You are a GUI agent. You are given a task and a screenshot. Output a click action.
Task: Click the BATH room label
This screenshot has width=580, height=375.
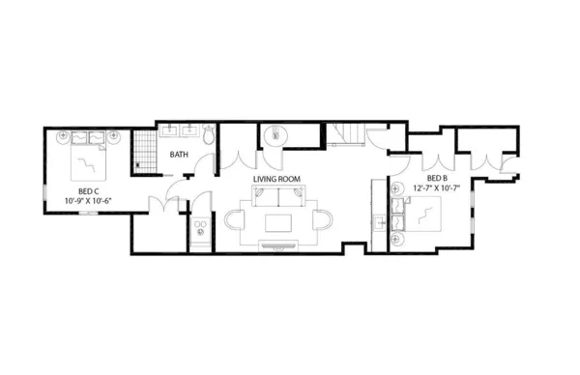click(179, 155)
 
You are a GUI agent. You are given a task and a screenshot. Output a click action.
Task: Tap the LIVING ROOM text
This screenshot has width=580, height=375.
click(276, 179)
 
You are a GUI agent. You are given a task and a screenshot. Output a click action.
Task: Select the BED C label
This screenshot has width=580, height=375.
click(88, 191)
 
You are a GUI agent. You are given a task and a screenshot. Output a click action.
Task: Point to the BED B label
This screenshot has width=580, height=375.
click(437, 178)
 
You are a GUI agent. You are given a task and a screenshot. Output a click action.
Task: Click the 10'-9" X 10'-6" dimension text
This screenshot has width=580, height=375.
click(88, 201)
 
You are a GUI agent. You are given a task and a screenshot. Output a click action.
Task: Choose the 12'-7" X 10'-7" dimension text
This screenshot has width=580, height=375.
click(437, 187)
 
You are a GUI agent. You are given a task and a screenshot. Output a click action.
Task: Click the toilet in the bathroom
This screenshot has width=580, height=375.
click(209, 134)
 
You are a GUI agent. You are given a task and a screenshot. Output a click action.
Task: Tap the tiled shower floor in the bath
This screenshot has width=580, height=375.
click(144, 151)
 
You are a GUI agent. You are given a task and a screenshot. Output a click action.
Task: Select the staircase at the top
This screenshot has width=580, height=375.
click(347, 133)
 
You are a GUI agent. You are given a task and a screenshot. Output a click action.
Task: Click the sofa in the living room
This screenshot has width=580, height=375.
click(279, 195)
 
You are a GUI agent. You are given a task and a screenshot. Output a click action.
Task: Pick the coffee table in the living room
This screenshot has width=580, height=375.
click(278, 223)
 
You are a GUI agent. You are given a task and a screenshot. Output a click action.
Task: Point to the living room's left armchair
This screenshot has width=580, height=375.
click(235, 219)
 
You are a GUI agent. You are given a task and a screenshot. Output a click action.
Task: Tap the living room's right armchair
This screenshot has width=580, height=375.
click(323, 219)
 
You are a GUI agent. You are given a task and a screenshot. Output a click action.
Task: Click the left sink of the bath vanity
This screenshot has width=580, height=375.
click(169, 130)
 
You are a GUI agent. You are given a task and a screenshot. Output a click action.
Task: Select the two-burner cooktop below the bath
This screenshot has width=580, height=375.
click(200, 227)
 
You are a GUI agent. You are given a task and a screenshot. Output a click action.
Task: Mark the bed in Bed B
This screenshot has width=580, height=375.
click(417, 215)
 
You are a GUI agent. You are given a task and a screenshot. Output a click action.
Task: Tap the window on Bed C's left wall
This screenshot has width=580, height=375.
click(45, 192)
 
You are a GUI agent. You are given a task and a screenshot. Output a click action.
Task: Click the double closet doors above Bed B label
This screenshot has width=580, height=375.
click(438, 161)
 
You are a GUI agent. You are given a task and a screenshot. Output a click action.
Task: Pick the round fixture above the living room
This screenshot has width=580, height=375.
click(275, 135)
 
